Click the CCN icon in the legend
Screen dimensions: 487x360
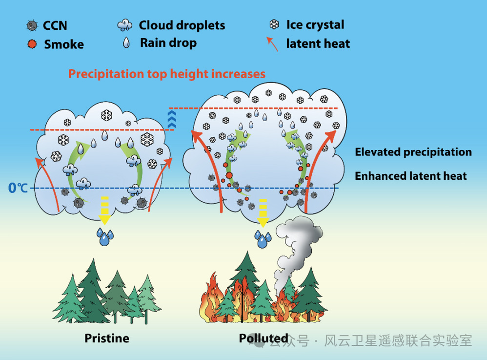click(x=32, y=25)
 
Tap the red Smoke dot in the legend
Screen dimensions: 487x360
click(x=32, y=44)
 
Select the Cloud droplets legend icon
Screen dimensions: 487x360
click(x=125, y=25)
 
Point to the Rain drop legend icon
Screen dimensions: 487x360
click(x=126, y=42)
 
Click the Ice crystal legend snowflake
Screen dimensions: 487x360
click(x=274, y=24)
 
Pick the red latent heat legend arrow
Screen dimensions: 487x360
click(x=272, y=44)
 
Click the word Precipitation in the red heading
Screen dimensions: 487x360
click(x=106, y=74)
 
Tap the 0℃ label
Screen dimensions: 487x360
click(x=18, y=188)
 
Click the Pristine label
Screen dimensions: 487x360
click(x=107, y=338)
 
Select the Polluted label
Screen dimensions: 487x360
click(x=264, y=338)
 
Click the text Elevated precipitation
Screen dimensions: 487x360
click(x=413, y=152)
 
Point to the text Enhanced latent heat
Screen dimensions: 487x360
click(x=410, y=176)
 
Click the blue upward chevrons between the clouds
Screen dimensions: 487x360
click(x=172, y=119)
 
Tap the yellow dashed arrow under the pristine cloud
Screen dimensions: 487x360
click(x=105, y=210)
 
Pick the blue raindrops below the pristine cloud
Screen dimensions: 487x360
click(x=104, y=236)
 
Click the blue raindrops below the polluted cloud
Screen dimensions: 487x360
click(x=263, y=238)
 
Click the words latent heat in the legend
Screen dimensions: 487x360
click(x=318, y=44)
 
